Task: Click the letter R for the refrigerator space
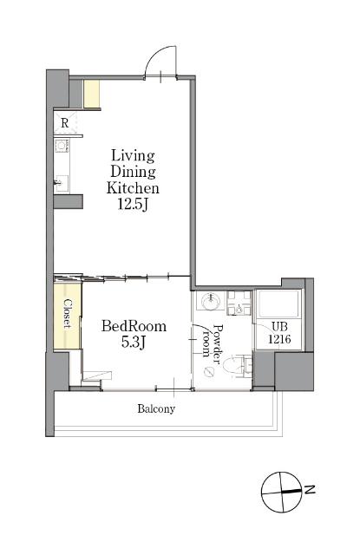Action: [64, 123]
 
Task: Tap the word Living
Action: [133, 156]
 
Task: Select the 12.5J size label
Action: [133, 205]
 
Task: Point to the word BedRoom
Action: [134, 326]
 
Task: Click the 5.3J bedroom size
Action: [134, 342]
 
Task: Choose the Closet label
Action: [68, 314]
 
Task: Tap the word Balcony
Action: [156, 408]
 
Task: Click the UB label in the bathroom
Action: [279, 326]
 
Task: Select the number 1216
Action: [279, 339]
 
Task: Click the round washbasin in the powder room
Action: [211, 302]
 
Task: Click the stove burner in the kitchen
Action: [62, 146]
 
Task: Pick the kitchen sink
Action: [62, 184]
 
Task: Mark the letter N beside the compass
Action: [310, 489]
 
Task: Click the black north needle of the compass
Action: [291, 491]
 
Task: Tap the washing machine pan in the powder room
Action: [239, 303]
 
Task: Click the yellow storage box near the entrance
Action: [91, 94]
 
